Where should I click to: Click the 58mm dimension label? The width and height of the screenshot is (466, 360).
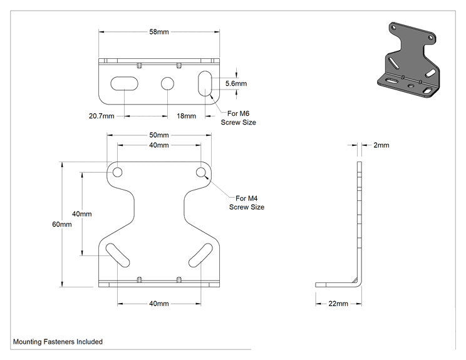pyautogui.click(x=159, y=32)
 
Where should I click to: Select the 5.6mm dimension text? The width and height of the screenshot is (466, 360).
pyautogui.click(x=236, y=83)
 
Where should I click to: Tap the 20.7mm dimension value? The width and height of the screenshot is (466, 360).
pyautogui.click(x=101, y=116)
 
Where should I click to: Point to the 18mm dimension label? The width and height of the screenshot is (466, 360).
pyautogui.click(x=187, y=116)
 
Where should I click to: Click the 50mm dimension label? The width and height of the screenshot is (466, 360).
pyautogui.click(x=159, y=135)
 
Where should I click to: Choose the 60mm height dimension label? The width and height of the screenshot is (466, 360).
pyautogui.click(x=62, y=224)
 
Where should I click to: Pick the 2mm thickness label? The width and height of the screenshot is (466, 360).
pyautogui.click(x=381, y=145)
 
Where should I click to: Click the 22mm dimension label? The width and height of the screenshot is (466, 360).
pyautogui.click(x=338, y=304)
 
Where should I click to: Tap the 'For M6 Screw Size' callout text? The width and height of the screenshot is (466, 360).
pyautogui.click(x=239, y=118)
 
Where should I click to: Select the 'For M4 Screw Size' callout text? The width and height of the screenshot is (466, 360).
pyautogui.click(x=247, y=203)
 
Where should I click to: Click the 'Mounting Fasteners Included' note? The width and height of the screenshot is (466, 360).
pyautogui.click(x=58, y=342)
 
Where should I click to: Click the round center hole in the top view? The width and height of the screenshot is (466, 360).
pyautogui.click(x=167, y=84)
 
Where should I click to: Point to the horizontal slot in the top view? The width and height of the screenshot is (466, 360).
pyautogui.click(x=124, y=83)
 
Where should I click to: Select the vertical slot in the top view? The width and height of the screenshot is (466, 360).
pyautogui.click(x=205, y=83)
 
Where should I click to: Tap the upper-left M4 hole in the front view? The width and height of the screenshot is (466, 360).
pyautogui.click(x=118, y=172)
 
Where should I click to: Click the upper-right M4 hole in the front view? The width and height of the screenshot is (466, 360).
pyautogui.click(x=201, y=172)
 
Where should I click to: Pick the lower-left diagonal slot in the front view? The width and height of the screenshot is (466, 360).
pyautogui.click(x=118, y=255)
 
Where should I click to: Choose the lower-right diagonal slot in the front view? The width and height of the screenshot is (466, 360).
pyautogui.click(x=201, y=255)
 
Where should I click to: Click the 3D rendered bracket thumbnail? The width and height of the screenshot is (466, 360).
pyautogui.click(x=408, y=60)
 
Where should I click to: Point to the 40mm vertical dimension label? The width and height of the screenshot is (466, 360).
pyautogui.click(x=81, y=214)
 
